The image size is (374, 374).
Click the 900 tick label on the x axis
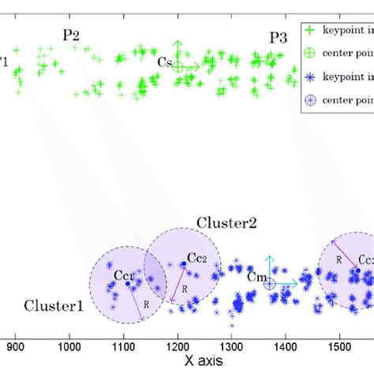point(16,345)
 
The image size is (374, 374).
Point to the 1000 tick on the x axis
point(69,345)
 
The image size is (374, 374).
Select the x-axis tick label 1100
point(123,345)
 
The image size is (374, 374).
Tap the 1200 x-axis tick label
point(177,345)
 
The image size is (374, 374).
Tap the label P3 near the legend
point(279,37)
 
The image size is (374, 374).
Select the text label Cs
point(164,62)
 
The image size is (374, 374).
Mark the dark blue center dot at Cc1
point(128,283)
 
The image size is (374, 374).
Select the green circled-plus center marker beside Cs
point(179,67)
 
